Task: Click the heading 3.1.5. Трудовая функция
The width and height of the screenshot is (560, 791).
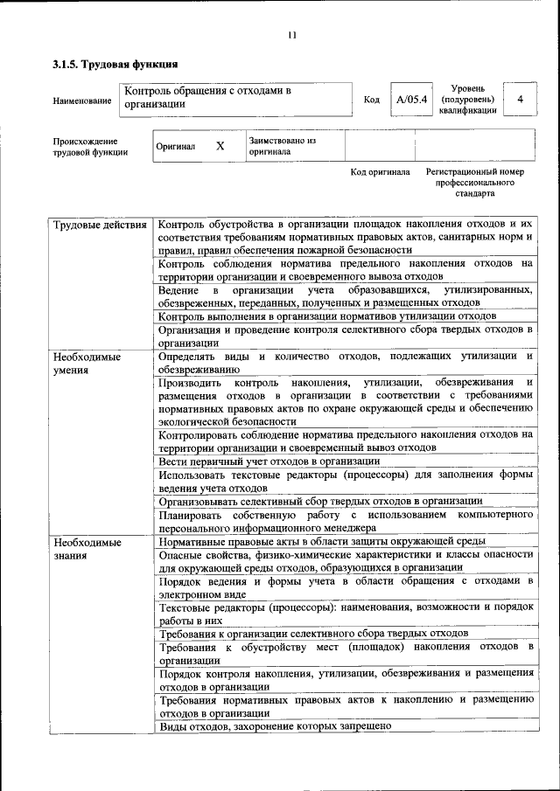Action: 115,64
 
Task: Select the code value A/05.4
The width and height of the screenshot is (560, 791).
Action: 410,100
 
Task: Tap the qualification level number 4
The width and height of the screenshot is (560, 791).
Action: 521,100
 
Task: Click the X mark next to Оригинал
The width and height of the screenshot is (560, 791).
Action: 220,146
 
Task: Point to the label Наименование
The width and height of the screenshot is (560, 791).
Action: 82,101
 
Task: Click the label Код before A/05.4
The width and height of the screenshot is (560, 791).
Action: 371,100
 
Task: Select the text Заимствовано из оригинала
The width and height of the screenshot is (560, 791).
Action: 282,145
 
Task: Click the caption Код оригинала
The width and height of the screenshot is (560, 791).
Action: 380,172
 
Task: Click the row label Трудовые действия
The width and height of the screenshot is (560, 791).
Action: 100,226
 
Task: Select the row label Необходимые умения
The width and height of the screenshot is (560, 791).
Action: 87,363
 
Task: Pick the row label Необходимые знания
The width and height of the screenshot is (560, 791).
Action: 87,548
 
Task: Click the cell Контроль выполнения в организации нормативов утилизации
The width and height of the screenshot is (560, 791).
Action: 328,316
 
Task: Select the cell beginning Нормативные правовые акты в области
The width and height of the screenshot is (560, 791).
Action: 322,542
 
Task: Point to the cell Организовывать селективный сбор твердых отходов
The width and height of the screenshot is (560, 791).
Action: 320,501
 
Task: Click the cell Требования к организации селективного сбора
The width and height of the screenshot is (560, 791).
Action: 314,633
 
